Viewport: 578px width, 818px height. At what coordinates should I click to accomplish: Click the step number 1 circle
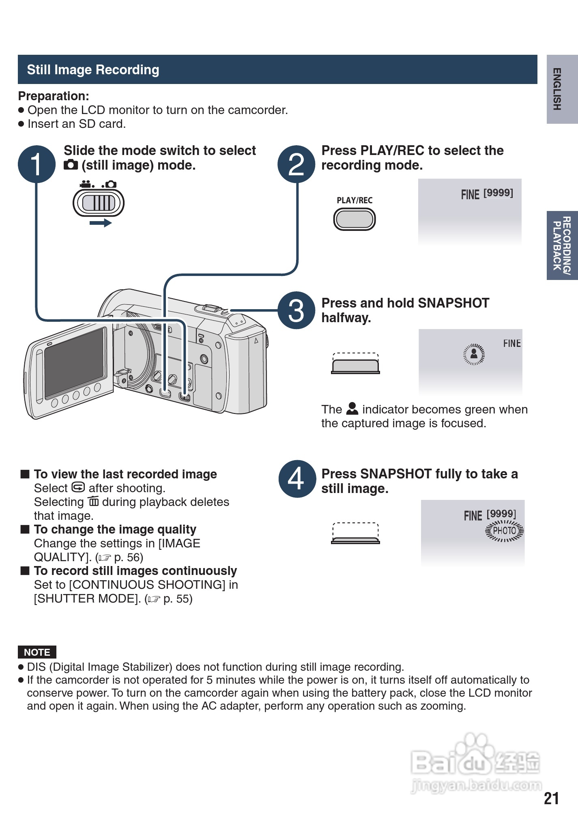37,164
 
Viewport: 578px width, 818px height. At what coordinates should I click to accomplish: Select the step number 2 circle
296,164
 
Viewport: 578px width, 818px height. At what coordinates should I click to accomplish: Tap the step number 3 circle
296,310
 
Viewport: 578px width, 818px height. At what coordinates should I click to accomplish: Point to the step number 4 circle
297,479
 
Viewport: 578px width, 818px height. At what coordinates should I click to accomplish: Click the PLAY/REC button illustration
355,220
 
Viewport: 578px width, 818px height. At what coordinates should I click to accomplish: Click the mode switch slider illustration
99,203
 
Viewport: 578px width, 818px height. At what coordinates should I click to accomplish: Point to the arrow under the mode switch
101,223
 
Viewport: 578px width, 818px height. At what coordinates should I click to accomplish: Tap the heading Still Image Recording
93,70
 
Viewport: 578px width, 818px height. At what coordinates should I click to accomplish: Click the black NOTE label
37,652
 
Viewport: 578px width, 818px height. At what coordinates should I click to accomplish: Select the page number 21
551,799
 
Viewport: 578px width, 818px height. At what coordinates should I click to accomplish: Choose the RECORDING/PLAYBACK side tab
562,245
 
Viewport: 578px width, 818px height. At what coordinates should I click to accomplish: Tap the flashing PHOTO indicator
505,531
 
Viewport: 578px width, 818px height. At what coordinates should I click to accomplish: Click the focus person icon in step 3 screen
474,354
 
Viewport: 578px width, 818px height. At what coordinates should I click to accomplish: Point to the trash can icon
94,502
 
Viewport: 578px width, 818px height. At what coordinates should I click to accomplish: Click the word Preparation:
54,96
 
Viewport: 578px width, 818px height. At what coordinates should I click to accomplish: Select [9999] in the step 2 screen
498,193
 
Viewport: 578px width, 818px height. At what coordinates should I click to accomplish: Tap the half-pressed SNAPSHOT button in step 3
355,366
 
